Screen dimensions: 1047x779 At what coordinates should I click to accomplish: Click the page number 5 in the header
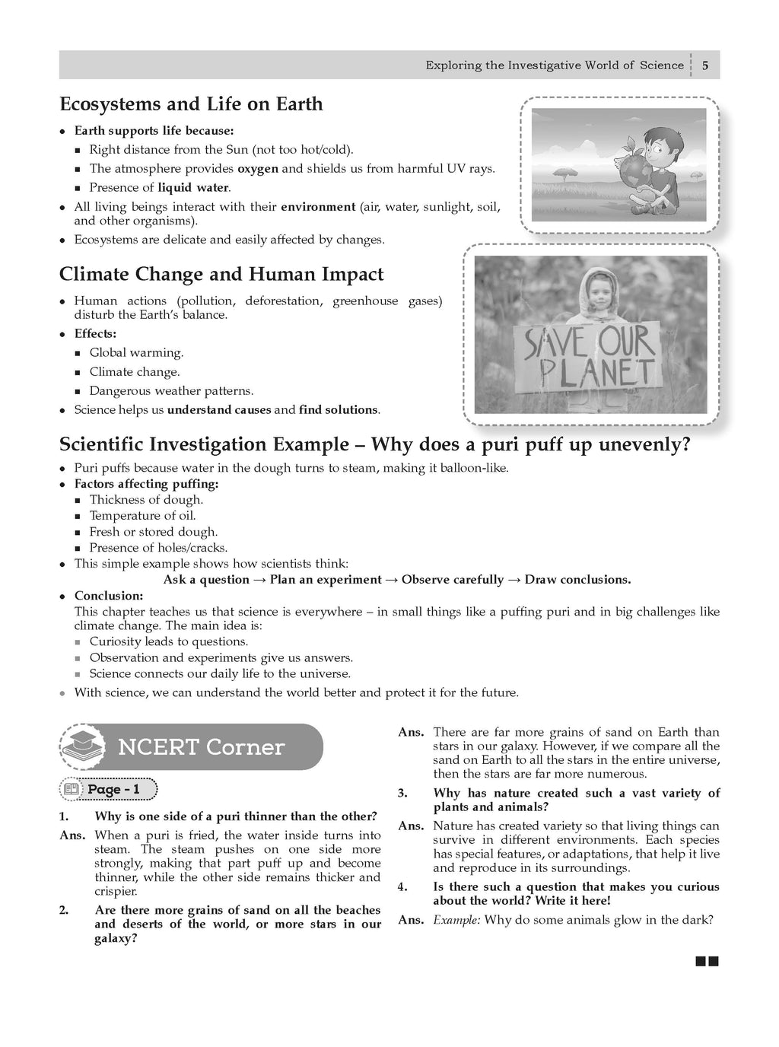[x=705, y=65]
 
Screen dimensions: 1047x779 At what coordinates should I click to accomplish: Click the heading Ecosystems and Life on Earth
[x=191, y=104]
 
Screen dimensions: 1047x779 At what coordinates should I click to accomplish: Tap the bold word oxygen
[x=258, y=169]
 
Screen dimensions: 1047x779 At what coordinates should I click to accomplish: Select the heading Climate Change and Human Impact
[x=221, y=275]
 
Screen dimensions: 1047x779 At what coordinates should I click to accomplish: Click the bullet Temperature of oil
[x=142, y=516]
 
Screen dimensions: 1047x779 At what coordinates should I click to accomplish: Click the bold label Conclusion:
[x=109, y=596]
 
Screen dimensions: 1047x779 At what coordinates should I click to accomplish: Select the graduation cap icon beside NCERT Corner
[x=81, y=746]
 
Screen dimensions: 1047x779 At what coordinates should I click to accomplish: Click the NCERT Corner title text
[x=201, y=747]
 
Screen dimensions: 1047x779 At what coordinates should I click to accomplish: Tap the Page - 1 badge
[x=108, y=790]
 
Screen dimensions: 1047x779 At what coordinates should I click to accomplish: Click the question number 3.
[x=402, y=794]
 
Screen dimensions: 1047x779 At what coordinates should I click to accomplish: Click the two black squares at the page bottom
[x=707, y=962]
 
